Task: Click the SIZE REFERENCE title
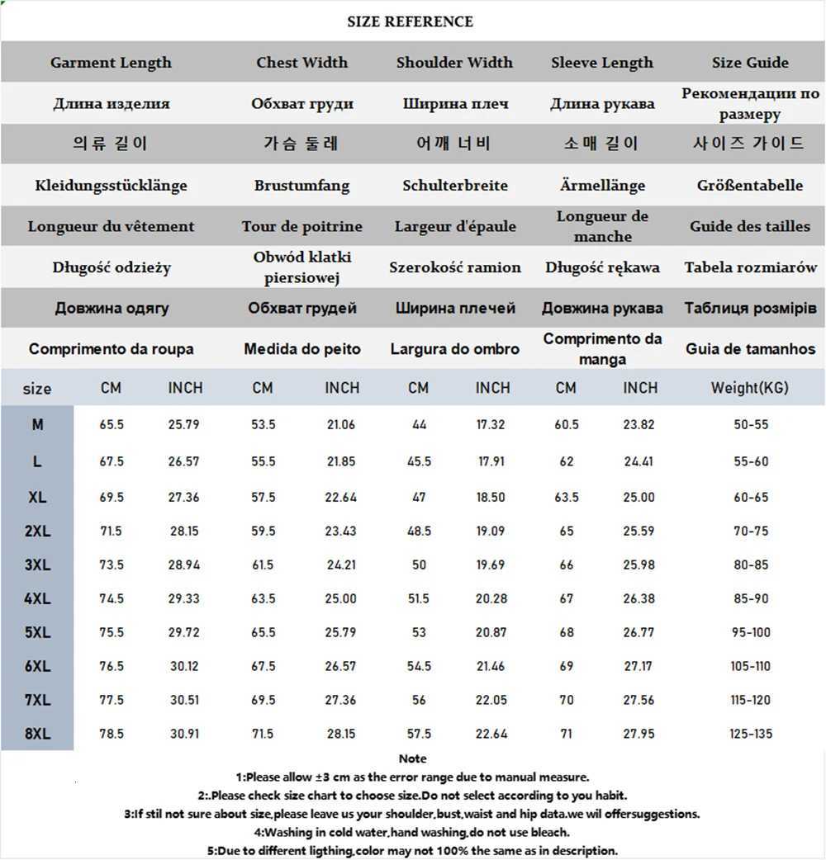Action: [x=411, y=21]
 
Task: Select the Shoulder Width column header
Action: [x=454, y=63]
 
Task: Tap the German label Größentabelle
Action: [x=750, y=186]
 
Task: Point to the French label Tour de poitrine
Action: [x=302, y=226]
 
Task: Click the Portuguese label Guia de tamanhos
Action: [x=750, y=349]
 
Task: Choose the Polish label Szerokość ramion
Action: [x=455, y=267]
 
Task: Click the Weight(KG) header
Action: [x=750, y=388]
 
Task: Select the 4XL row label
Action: [x=37, y=598]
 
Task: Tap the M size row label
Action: [x=37, y=425]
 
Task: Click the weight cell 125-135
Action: [x=751, y=734]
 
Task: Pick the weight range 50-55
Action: [x=751, y=425]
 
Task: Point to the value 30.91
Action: [x=185, y=734]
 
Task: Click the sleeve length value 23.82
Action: [x=638, y=425]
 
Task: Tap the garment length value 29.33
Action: [x=185, y=598]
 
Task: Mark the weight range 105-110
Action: [x=751, y=666]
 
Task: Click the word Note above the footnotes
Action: [x=412, y=758]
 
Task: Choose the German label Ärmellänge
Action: [x=602, y=186]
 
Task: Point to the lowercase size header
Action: [x=37, y=389]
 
